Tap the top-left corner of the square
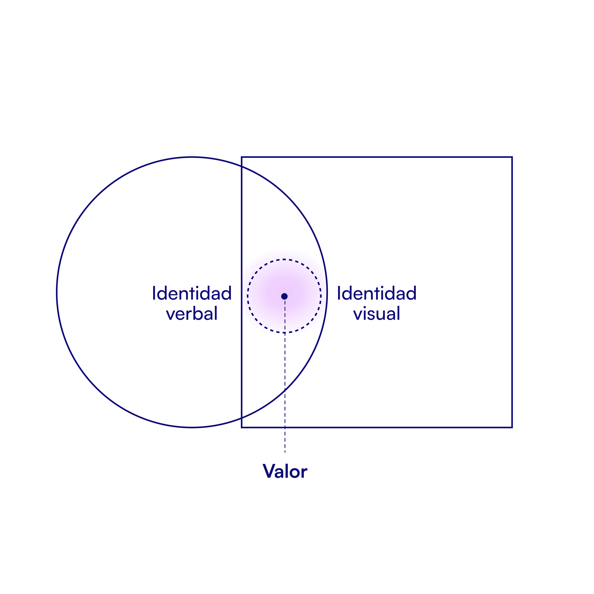click(x=242, y=157)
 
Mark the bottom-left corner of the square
click(x=242, y=427)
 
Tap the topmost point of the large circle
click(x=192, y=157)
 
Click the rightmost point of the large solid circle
click(x=327, y=292)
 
